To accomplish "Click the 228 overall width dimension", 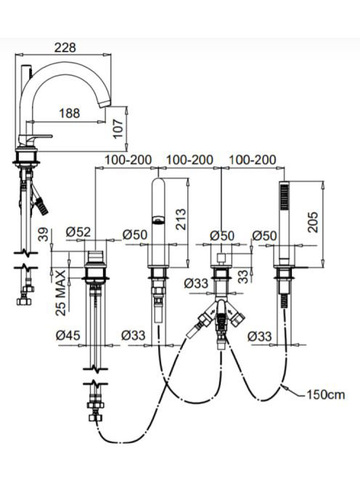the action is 65,48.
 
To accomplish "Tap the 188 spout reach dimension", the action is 70,113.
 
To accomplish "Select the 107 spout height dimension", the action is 118,128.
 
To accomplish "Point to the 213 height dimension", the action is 181,219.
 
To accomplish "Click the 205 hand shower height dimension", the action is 313,222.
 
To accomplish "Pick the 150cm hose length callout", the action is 326,394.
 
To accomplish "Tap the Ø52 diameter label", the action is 78,232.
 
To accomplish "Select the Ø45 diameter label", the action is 68,335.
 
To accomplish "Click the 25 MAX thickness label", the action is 61,293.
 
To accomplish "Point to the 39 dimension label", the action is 43,234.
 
